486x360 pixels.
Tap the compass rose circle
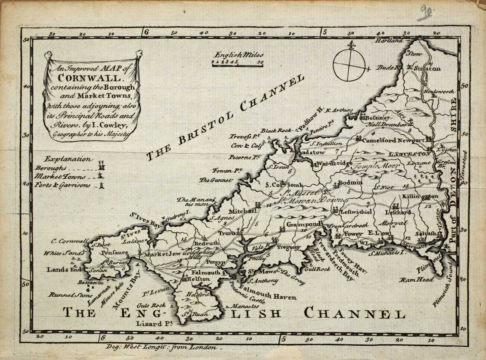point(350,64)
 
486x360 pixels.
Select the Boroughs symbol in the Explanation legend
point(102,166)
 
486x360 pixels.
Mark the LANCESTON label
point(409,154)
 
